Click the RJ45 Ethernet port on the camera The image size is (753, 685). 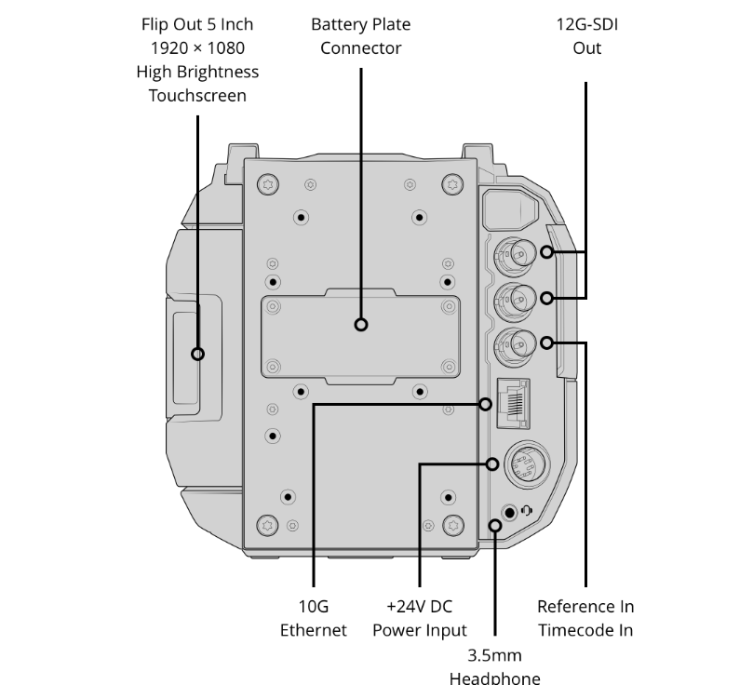[514, 403]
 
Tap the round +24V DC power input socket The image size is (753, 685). [527, 464]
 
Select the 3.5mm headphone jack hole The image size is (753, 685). [509, 513]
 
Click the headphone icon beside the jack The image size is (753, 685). [526, 511]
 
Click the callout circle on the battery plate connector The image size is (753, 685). [361, 325]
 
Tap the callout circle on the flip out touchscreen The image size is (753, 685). [198, 354]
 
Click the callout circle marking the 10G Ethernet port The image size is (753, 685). [486, 404]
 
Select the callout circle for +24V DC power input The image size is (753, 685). [491, 464]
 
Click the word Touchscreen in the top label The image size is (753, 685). [197, 96]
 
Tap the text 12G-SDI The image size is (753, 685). [586, 24]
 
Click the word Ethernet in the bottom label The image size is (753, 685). [313, 630]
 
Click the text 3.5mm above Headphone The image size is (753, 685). [494, 655]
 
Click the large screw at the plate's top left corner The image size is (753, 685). [268, 184]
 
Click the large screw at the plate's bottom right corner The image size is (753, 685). [453, 525]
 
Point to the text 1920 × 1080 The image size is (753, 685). [197, 48]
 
